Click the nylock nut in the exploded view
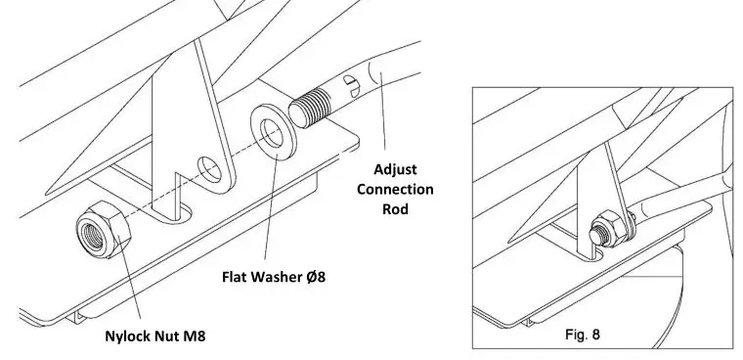pos(102,230)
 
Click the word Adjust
pos(396,166)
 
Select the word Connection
pos(395,188)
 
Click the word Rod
pos(396,210)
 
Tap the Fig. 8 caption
pos(584,334)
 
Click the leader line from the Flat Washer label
pos(269,215)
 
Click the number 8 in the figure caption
pos(596,334)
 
